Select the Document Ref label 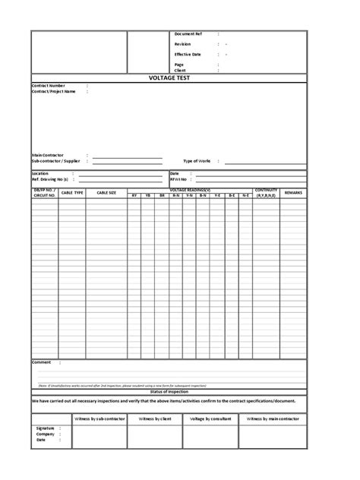point(188,34)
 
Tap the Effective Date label point(188,54)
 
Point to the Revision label point(182,44)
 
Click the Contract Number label point(48,86)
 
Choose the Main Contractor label point(48,155)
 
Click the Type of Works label point(197,161)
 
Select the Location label point(40,173)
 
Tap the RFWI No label point(179,179)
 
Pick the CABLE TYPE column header point(72,194)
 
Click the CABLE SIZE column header point(106,194)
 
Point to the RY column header point(134,196)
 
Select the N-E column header point(245,196)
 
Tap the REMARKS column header point(293,194)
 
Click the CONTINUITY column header point(267,190)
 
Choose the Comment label point(42,362)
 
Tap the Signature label point(46,428)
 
